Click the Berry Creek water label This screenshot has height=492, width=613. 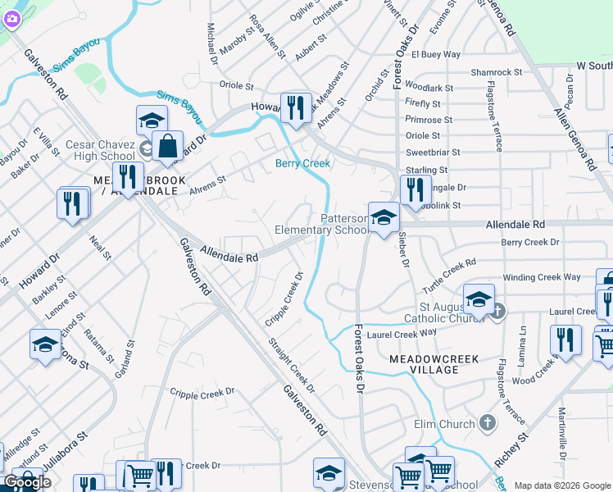(x=302, y=163)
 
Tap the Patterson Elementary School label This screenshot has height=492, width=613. (x=321, y=225)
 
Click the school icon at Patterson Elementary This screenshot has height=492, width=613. (x=383, y=218)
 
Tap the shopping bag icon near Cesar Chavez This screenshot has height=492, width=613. (x=167, y=147)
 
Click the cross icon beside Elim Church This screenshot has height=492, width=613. (x=488, y=423)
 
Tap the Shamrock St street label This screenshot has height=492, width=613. (x=496, y=72)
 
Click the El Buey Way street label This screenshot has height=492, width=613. (x=436, y=55)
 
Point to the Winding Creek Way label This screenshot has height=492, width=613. (x=542, y=277)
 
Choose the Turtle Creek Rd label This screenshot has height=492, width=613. (x=448, y=277)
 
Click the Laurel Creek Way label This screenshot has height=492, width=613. (x=402, y=334)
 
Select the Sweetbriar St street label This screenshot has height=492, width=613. (x=433, y=153)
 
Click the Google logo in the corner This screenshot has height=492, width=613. (x=27, y=482)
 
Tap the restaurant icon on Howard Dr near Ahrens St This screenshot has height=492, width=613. (x=295, y=107)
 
